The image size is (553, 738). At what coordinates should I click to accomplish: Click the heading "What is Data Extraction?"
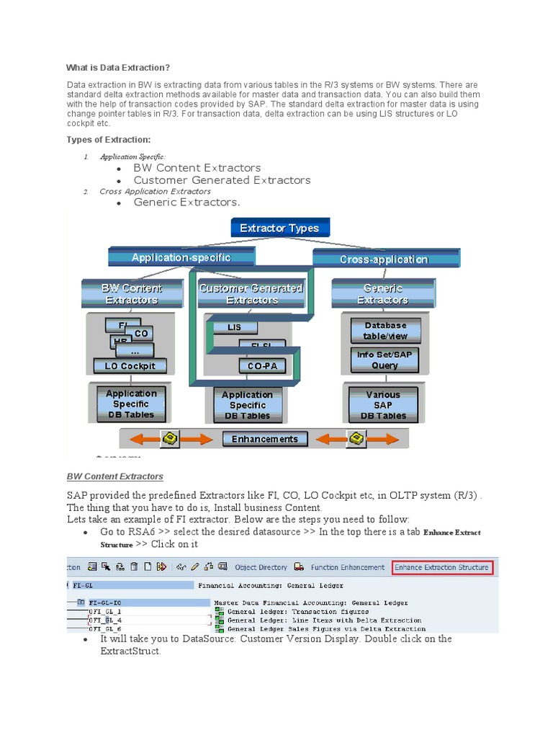click(118, 68)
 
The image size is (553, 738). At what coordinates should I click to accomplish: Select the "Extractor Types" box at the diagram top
click(279, 228)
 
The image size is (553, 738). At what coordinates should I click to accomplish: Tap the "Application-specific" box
click(181, 257)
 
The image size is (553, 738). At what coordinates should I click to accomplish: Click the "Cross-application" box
click(384, 259)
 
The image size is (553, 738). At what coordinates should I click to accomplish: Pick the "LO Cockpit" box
click(130, 366)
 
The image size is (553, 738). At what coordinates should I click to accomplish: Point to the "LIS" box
click(235, 327)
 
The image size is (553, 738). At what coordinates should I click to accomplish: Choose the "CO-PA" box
click(262, 366)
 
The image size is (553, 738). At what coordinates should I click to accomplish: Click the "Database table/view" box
click(385, 331)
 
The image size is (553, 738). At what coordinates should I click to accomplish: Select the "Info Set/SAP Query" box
click(385, 360)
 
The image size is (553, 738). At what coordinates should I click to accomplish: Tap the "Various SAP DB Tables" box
click(382, 405)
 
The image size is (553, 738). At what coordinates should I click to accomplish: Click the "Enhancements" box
click(265, 439)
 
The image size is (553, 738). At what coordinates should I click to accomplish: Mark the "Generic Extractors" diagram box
click(382, 294)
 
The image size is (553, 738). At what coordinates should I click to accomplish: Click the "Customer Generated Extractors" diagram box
click(251, 294)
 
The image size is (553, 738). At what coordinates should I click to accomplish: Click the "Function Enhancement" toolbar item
click(341, 567)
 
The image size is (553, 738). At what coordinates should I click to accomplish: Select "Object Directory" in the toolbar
click(261, 567)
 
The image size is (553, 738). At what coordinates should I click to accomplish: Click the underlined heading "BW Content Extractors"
click(115, 476)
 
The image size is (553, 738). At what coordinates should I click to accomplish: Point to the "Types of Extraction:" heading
click(109, 140)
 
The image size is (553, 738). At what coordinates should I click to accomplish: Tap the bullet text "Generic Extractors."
click(186, 203)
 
